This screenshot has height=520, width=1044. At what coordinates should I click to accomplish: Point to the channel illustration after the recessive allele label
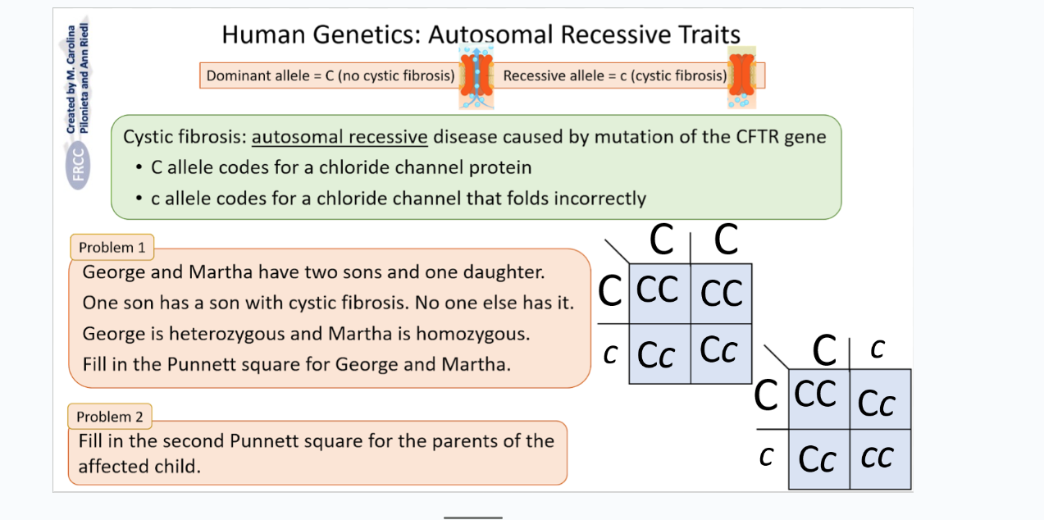(741, 77)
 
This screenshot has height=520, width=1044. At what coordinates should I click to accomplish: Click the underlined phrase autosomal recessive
(340, 136)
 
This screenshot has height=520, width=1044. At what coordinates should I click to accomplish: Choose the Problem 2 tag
(110, 417)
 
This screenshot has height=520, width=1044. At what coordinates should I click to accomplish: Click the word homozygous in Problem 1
(472, 334)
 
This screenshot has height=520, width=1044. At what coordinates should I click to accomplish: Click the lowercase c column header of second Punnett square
(877, 350)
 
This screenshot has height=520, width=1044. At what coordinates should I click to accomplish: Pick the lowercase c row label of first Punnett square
(609, 354)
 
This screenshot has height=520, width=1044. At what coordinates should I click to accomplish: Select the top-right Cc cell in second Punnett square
(878, 401)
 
